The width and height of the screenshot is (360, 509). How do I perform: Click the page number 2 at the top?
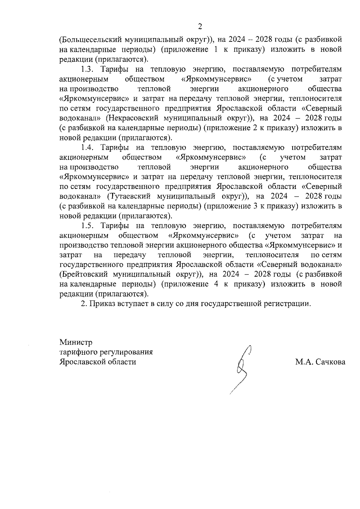[x=200, y=27]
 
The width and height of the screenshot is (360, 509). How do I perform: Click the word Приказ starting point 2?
[x=101, y=304]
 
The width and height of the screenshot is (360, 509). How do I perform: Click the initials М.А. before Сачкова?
[x=305, y=362]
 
